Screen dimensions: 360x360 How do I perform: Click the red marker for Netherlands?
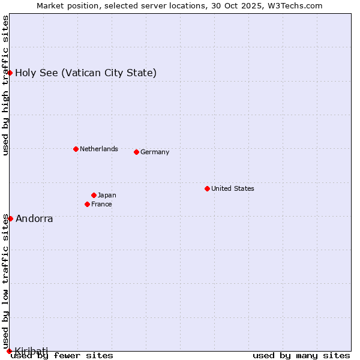pos(76,149)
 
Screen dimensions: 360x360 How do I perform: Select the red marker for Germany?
pos(136,152)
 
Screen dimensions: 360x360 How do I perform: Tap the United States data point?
pos(207,188)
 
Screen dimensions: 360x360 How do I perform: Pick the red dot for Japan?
pos(94,195)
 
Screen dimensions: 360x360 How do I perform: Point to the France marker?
pos(87,204)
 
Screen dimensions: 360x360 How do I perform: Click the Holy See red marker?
pos(10,73)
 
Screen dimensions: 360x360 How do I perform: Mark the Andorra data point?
pos(10,218)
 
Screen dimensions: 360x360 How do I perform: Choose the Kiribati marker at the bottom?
pos(9,350)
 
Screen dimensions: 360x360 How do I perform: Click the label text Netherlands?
pos(98,149)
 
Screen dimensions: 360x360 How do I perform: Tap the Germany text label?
pos(155,152)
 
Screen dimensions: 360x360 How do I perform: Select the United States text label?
pos(232,188)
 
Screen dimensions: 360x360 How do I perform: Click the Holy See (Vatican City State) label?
pos(86,73)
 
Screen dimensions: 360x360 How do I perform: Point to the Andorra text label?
pos(34,218)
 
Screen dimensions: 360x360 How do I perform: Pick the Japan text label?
pos(107,195)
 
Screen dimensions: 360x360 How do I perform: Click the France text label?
pos(101,204)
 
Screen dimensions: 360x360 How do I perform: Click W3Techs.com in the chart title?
pos(296,5)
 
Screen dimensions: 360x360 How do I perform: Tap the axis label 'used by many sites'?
pos(301,355)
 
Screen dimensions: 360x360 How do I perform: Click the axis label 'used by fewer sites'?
pos(62,355)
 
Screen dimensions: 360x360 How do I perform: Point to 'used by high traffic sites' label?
pos(5,86)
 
